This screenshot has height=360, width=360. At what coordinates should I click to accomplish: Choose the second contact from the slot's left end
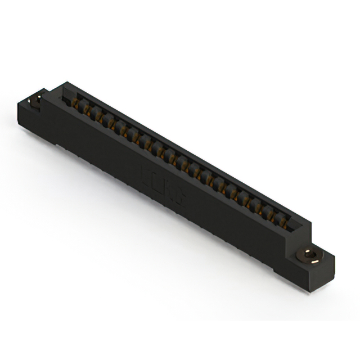point(87,111)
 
